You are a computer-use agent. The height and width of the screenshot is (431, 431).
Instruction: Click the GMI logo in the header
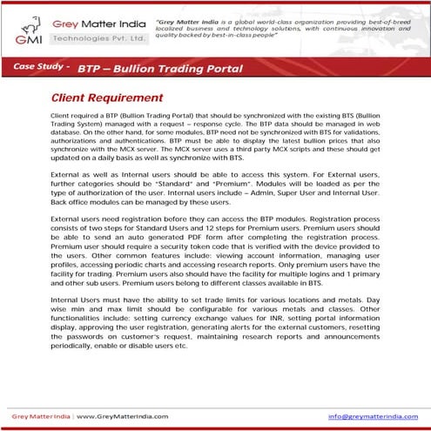tap(26, 29)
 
